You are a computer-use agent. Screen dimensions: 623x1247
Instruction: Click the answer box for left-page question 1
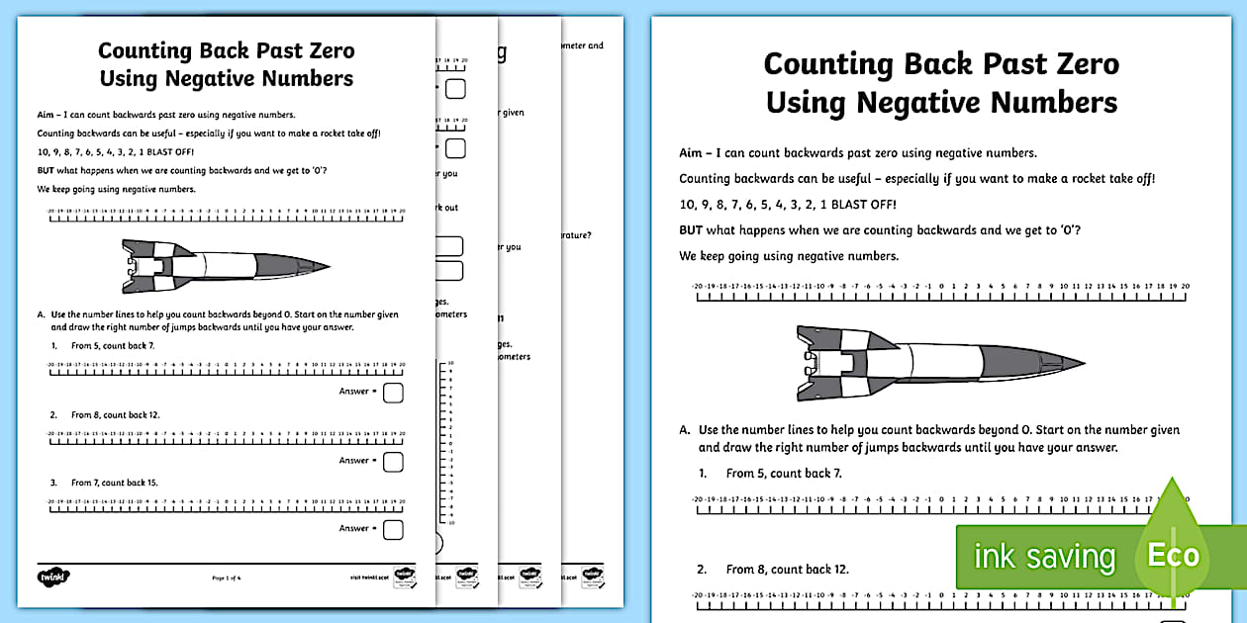click(393, 393)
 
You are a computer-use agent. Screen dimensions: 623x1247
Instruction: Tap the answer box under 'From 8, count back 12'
click(393, 461)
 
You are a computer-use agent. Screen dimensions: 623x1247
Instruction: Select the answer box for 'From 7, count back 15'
click(393, 529)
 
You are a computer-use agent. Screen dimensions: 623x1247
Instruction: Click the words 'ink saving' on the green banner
click(1044, 557)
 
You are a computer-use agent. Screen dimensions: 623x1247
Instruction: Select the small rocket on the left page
click(225, 264)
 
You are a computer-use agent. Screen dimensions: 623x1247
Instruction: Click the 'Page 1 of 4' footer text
click(227, 577)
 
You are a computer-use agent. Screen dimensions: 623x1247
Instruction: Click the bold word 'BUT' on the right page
click(697, 230)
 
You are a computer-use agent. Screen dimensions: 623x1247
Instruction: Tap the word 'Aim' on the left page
click(47, 115)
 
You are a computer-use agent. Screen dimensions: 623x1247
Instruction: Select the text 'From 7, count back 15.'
click(115, 483)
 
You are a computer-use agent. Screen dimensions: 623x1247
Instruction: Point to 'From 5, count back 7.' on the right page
click(784, 474)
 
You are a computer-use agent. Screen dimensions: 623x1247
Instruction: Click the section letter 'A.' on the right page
click(684, 430)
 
